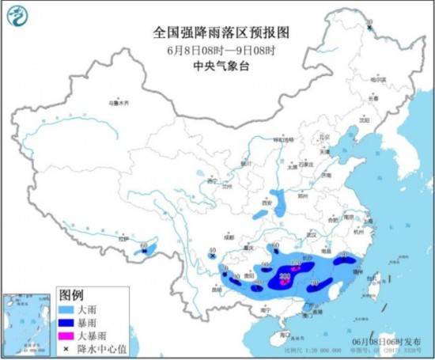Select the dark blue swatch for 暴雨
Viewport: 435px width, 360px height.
[x=67, y=320]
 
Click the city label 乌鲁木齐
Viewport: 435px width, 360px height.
[x=117, y=103]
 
